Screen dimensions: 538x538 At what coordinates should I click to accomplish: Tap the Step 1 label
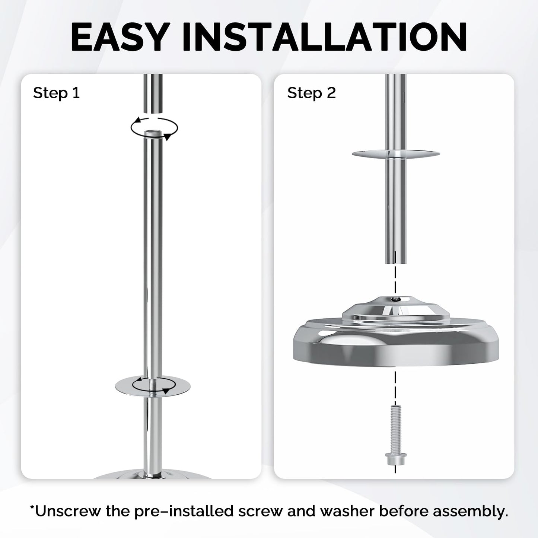[56, 93]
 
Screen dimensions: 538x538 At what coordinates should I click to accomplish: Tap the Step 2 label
[311, 93]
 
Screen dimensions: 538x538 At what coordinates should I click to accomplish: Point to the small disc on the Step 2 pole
[396, 154]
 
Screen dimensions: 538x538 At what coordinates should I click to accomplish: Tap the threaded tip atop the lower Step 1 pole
[153, 133]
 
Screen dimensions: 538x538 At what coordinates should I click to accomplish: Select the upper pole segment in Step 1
[153, 93]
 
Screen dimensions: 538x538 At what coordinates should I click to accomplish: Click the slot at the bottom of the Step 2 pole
[395, 257]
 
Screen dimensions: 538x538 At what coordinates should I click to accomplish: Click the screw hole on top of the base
[395, 299]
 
